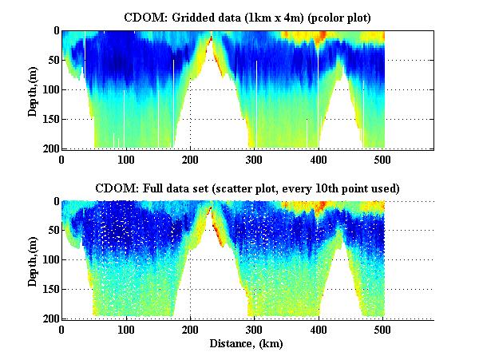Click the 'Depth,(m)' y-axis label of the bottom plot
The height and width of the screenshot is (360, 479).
pyautogui.click(x=33, y=259)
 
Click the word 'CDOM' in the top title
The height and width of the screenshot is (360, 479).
pyautogui.click(x=142, y=17)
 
